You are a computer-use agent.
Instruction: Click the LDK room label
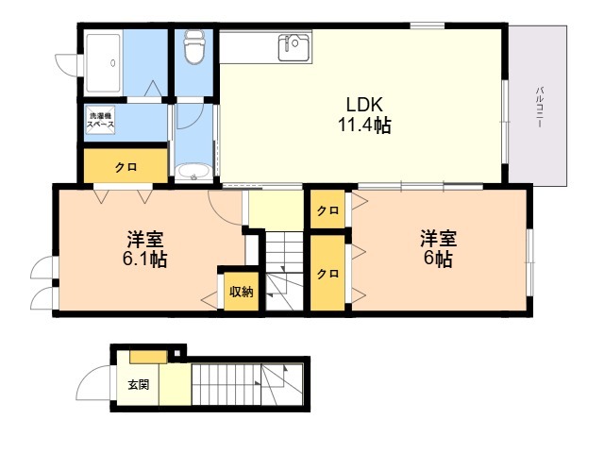click(364, 105)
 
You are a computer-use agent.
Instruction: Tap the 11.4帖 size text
click(364, 125)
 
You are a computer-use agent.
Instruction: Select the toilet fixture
click(193, 46)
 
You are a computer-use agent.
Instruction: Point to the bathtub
click(103, 63)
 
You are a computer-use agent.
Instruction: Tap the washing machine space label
click(100, 120)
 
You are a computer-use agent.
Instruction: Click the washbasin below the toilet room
click(193, 172)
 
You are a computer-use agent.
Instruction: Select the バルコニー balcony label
click(540, 108)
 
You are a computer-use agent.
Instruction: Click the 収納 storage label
click(242, 292)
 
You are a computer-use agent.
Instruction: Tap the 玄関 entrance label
click(139, 384)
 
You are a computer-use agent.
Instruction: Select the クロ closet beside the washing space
click(126, 166)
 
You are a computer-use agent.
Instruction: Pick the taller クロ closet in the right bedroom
click(327, 273)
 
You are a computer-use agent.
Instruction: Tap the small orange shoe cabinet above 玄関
click(148, 357)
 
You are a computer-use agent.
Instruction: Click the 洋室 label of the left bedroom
click(145, 239)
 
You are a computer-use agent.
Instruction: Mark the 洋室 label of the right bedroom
click(438, 239)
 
